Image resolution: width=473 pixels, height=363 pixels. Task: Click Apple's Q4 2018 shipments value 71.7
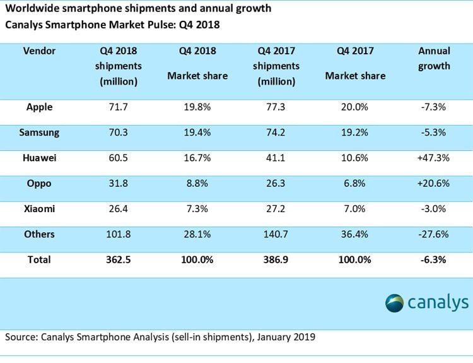(119, 107)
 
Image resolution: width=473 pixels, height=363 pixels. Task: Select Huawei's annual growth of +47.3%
(433, 158)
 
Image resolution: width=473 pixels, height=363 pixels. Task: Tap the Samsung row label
(39, 133)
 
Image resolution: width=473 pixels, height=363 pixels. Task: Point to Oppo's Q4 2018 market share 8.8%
(197, 183)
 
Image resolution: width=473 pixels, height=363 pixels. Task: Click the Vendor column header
(39, 51)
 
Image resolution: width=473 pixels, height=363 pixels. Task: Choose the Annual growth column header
(434, 58)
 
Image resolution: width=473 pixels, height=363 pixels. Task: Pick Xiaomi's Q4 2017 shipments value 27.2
(276, 209)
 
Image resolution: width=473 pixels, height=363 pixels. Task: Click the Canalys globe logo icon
(394, 303)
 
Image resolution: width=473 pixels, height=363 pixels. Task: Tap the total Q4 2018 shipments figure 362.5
(119, 259)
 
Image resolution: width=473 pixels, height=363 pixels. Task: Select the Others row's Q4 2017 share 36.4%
(354, 234)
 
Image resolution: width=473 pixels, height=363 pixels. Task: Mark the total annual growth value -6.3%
(433, 259)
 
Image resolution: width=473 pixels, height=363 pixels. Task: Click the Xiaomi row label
(39, 209)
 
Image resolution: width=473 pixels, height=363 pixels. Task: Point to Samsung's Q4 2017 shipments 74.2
(276, 133)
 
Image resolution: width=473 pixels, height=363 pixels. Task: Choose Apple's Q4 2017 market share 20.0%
(354, 107)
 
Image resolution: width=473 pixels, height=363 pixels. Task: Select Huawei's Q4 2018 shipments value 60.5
(119, 158)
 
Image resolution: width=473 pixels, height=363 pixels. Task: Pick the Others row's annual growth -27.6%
(433, 234)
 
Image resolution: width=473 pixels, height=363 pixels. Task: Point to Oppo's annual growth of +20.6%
(433, 183)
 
